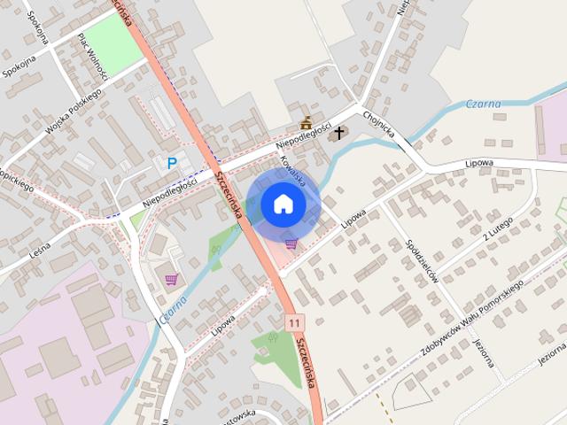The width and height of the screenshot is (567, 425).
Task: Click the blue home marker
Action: (x=283, y=204)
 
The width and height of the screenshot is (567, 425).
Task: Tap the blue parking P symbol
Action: (x=172, y=163)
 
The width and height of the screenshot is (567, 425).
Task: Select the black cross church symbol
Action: (x=338, y=134)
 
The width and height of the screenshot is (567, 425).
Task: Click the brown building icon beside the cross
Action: (x=307, y=123)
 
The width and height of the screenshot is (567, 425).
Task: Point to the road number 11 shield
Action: (x=293, y=323)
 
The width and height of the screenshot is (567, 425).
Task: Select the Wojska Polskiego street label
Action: (x=75, y=112)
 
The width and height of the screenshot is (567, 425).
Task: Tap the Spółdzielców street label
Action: (x=423, y=259)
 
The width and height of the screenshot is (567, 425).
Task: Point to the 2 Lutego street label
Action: (x=499, y=232)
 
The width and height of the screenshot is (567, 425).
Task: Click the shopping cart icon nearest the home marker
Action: (x=291, y=243)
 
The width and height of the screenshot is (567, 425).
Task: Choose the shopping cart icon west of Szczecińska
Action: (x=171, y=280)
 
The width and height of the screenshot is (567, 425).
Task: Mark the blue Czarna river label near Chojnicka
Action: (x=483, y=104)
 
